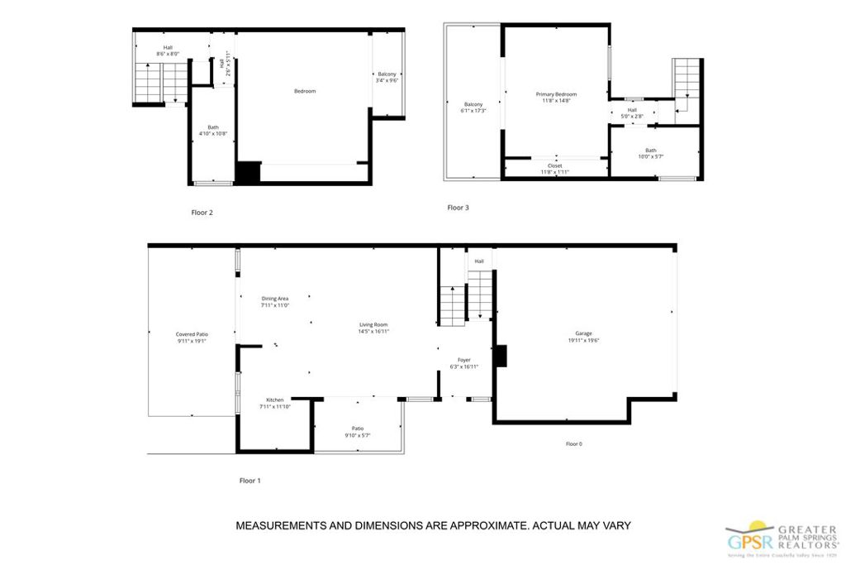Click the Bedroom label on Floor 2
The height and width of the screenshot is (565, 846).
(305, 91)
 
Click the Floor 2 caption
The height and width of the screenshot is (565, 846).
(202, 213)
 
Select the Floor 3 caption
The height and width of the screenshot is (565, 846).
(458, 208)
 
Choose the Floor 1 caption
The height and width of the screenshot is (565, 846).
(250, 481)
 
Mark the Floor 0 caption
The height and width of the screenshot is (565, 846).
(573, 444)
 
